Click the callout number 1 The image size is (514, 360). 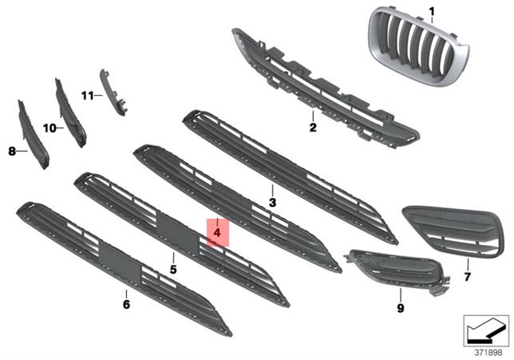(432, 11)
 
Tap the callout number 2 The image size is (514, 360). (313, 127)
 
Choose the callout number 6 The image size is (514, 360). (126, 304)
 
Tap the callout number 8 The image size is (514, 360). (12, 149)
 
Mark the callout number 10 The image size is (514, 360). (48, 127)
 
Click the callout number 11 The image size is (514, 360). (87, 96)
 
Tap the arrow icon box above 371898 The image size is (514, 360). (486, 328)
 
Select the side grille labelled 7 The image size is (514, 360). (452, 231)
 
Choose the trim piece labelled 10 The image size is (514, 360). (71, 112)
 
